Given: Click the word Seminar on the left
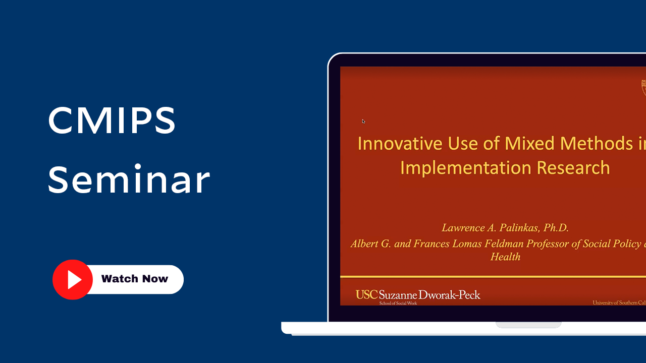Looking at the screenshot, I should click(x=129, y=180).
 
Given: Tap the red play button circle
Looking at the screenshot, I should click(x=73, y=280).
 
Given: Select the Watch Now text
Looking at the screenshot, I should click(x=134, y=279).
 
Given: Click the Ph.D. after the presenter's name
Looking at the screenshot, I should click(x=556, y=228).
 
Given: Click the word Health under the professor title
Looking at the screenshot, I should click(x=505, y=257).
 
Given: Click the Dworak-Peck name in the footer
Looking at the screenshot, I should click(x=450, y=295).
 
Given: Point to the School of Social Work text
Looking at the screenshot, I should click(x=398, y=303).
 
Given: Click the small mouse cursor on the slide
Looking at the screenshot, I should click(x=363, y=121).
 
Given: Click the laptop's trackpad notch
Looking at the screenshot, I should click(x=528, y=325).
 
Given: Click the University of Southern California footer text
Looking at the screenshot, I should click(x=619, y=302).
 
